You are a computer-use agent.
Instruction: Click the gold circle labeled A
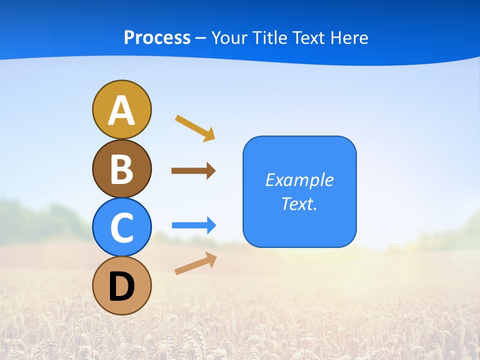[x=121, y=109]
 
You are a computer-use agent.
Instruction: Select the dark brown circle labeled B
[x=121, y=168]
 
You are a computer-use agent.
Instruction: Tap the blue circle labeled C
[x=121, y=227]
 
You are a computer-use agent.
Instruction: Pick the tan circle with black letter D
[x=121, y=285]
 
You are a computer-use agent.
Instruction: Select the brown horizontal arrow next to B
[x=193, y=171]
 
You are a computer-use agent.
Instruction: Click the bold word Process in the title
[x=157, y=37]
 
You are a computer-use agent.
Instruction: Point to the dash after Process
[x=201, y=38]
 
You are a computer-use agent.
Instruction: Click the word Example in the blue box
[x=299, y=180]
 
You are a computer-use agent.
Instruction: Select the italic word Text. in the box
[x=299, y=203]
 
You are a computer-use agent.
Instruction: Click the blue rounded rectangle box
[x=299, y=222]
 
